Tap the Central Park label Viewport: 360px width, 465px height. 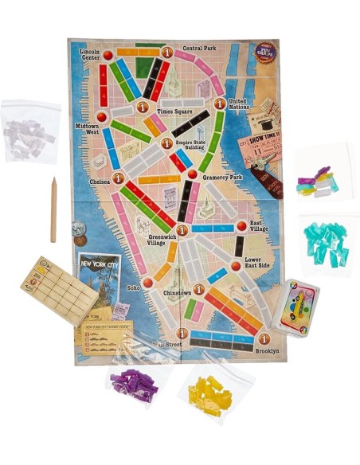pyautogui.click(x=199, y=49)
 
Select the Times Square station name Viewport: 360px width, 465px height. pyautogui.click(x=170, y=111)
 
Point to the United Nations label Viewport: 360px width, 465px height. pyautogui.click(x=239, y=105)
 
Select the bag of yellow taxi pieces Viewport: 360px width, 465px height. pyautogui.click(x=209, y=392)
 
